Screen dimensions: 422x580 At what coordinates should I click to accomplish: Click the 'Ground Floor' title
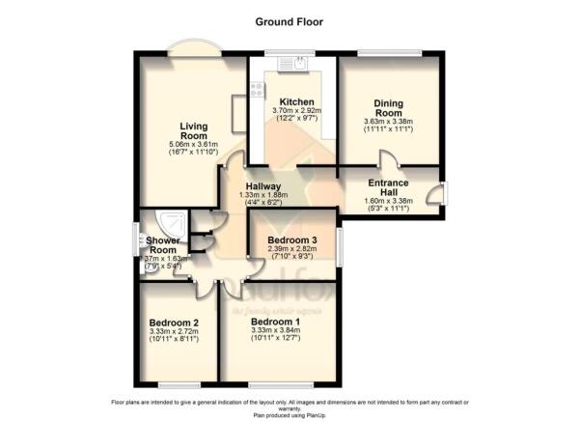[x=290, y=20]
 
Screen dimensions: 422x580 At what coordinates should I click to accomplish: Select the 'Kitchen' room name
[x=293, y=101]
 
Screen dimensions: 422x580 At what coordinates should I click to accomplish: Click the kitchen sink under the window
[x=293, y=65]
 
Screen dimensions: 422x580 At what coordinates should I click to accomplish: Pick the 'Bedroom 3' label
[x=290, y=239]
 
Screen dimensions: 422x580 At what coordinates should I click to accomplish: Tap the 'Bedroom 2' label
[x=175, y=324]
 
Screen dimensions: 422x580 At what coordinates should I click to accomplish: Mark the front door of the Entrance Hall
[x=439, y=191]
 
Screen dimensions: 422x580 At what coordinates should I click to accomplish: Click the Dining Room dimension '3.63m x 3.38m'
[x=388, y=122]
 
